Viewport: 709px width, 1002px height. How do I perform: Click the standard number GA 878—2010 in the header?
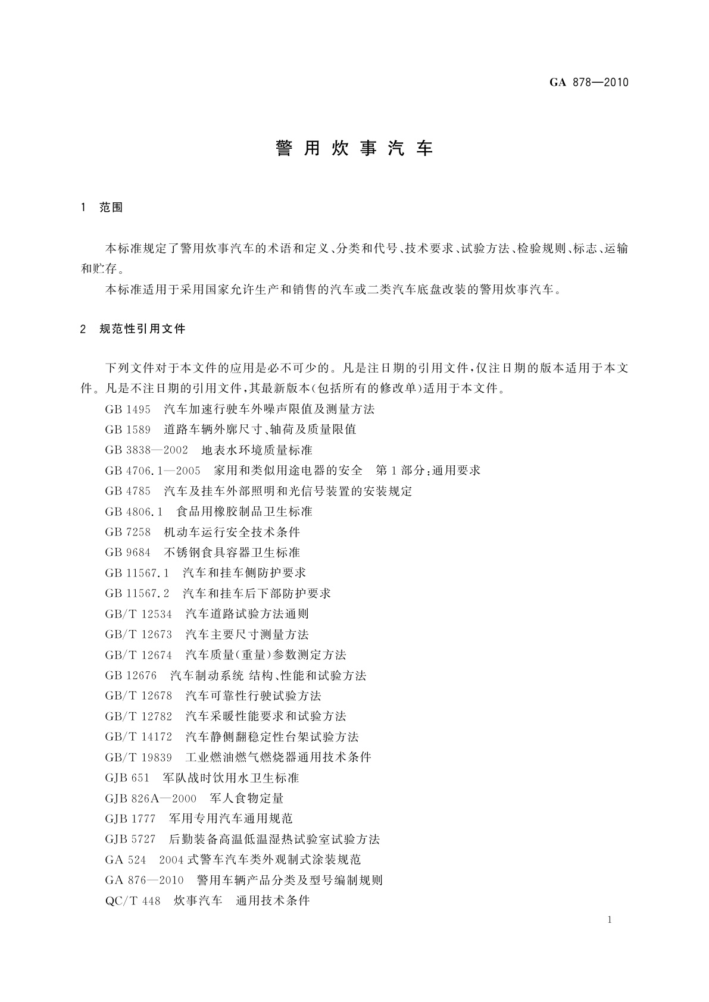(x=588, y=83)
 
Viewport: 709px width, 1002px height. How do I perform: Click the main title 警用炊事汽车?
(x=354, y=149)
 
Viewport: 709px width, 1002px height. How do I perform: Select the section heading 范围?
(x=111, y=208)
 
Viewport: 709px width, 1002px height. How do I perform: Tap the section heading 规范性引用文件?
(x=143, y=329)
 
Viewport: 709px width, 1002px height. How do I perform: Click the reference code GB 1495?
(x=128, y=409)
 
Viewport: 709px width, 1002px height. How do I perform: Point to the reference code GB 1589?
(x=128, y=430)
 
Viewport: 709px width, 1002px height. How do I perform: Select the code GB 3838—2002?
(x=146, y=450)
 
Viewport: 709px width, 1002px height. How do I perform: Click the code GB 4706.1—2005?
(x=153, y=471)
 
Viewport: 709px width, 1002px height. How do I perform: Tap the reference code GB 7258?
(x=128, y=532)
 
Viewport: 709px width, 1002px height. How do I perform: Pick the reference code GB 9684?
(x=128, y=553)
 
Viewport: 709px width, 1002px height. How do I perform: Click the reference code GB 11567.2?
(x=138, y=593)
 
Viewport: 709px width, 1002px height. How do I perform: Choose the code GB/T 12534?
(x=139, y=614)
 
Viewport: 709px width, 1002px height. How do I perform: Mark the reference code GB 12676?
(x=131, y=676)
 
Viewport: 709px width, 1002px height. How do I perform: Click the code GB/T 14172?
(x=139, y=737)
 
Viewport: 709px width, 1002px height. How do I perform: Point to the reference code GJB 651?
(x=127, y=778)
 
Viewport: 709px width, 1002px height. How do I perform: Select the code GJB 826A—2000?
(x=151, y=799)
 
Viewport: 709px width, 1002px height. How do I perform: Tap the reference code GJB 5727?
(x=130, y=840)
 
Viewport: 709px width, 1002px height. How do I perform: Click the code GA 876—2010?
(x=145, y=880)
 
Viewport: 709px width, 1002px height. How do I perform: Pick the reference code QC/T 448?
(x=133, y=901)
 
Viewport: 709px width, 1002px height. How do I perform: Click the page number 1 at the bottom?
(x=610, y=920)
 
